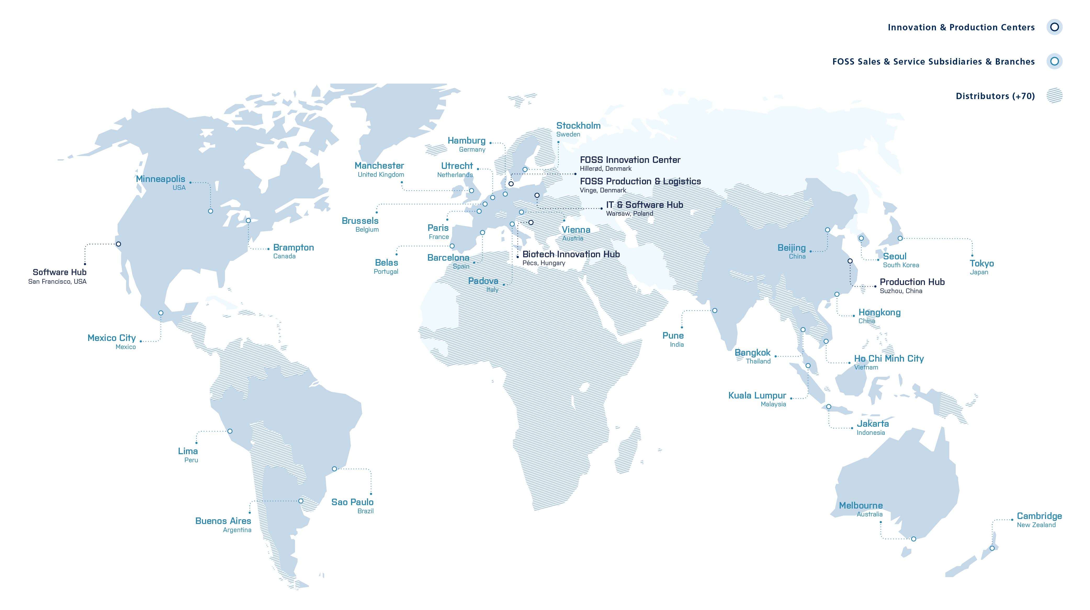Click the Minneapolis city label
point(160,179)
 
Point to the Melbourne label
point(861,505)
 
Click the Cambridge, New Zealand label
point(1039,516)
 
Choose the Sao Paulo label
point(352,502)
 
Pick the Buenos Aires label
point(223,521)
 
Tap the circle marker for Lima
point(230,431)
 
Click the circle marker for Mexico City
point(161,313)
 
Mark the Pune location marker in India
point(715,311)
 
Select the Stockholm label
point(578,126)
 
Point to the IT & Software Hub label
point(645,205)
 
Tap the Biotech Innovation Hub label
point(571,254)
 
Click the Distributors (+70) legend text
point(995,96)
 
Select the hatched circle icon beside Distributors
point(1054,96)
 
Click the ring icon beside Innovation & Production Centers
point(1054,27)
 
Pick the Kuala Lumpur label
point(757,396)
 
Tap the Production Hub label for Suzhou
point(912,282)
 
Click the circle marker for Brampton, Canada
point(249,220)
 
